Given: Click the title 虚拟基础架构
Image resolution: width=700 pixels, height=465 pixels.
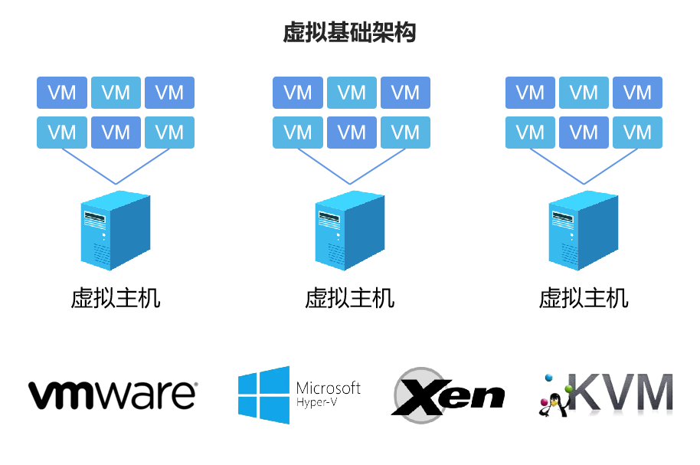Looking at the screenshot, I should coord(349,33).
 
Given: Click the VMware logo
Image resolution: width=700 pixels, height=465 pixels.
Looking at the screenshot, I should coord(113,395).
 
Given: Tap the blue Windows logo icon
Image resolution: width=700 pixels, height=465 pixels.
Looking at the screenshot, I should coord(263,395).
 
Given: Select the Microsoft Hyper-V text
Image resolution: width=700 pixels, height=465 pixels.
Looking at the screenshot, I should coord(328,393).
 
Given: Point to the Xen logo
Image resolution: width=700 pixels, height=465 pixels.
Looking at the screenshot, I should coord(448,395).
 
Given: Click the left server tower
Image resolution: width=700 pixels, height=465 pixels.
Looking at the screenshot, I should coord(116,230).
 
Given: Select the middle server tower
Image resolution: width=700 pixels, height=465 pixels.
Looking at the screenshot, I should coord(350,230).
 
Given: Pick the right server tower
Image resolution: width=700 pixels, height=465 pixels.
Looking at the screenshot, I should coord(584,230).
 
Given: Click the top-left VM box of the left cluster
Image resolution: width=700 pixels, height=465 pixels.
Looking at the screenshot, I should coord(62,93).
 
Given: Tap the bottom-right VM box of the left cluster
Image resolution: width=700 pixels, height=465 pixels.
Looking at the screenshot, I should coord(169,133).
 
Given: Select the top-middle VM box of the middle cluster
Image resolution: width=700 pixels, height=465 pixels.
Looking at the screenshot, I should coord(352,93).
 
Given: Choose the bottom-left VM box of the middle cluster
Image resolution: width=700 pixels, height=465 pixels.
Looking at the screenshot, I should coord(298,133).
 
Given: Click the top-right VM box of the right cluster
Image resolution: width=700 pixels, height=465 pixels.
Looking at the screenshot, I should coord(637,93).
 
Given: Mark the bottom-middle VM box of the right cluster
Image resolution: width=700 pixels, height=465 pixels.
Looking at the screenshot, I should coord(584,133).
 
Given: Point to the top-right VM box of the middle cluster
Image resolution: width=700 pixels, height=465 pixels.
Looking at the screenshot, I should coord(405,93).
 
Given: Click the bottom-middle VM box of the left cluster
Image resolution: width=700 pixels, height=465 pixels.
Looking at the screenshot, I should coord(116,133).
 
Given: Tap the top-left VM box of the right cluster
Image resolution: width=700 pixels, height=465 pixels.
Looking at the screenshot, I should coord(530,93).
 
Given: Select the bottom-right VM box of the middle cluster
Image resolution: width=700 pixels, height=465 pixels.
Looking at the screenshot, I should coord(405,133).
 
